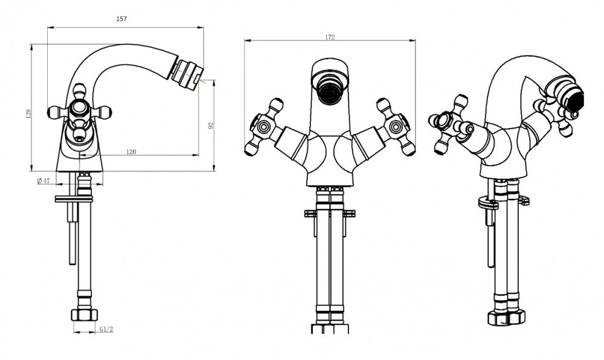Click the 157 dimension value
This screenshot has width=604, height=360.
121,19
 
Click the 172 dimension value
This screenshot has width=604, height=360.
330,37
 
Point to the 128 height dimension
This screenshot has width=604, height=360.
28,113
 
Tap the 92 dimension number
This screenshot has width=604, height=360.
211,126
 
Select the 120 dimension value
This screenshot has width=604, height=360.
131,152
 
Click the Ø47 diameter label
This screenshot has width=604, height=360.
43,181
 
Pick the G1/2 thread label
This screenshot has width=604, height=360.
106,329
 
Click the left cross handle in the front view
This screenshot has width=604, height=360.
265,127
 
